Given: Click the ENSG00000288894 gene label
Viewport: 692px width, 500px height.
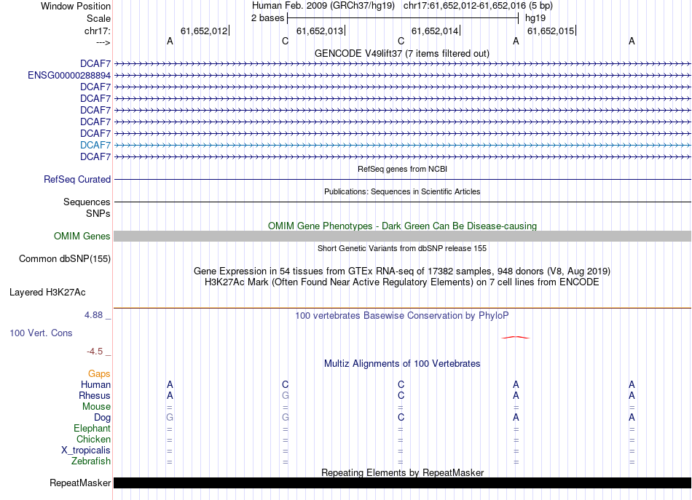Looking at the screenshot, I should coord(69,75).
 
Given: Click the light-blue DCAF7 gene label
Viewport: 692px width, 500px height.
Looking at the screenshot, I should coord(95,145).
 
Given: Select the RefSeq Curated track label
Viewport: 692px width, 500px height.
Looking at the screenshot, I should coord(77,179).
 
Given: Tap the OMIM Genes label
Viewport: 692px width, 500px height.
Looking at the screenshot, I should coord(82,236).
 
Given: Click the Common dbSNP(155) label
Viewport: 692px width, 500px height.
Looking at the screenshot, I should coord(65,258).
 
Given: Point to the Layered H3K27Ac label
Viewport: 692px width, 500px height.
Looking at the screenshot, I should coord(47,293).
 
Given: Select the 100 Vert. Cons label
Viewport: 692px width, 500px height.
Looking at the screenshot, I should coord(41,333).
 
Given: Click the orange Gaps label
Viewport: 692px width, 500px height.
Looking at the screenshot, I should coord(99,373).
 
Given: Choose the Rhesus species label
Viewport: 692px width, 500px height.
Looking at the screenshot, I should coord(95,395).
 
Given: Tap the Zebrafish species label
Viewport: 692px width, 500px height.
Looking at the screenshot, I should coord(91,461).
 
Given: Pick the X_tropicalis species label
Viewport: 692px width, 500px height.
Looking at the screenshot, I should coord(86,450).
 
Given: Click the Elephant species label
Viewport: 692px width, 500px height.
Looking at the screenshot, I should coord(92,428).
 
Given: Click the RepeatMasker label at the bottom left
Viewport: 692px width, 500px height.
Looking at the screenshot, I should coord(80,483).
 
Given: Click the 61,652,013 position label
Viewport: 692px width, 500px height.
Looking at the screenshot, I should coord(320,31).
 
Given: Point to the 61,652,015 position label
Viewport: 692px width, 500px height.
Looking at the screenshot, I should coord(551,31).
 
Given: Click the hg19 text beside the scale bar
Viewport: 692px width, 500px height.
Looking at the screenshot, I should coord(535,17).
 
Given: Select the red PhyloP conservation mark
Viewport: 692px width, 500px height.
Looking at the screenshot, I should coord(516,337).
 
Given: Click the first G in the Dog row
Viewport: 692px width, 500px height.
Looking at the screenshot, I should coord(170,417).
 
